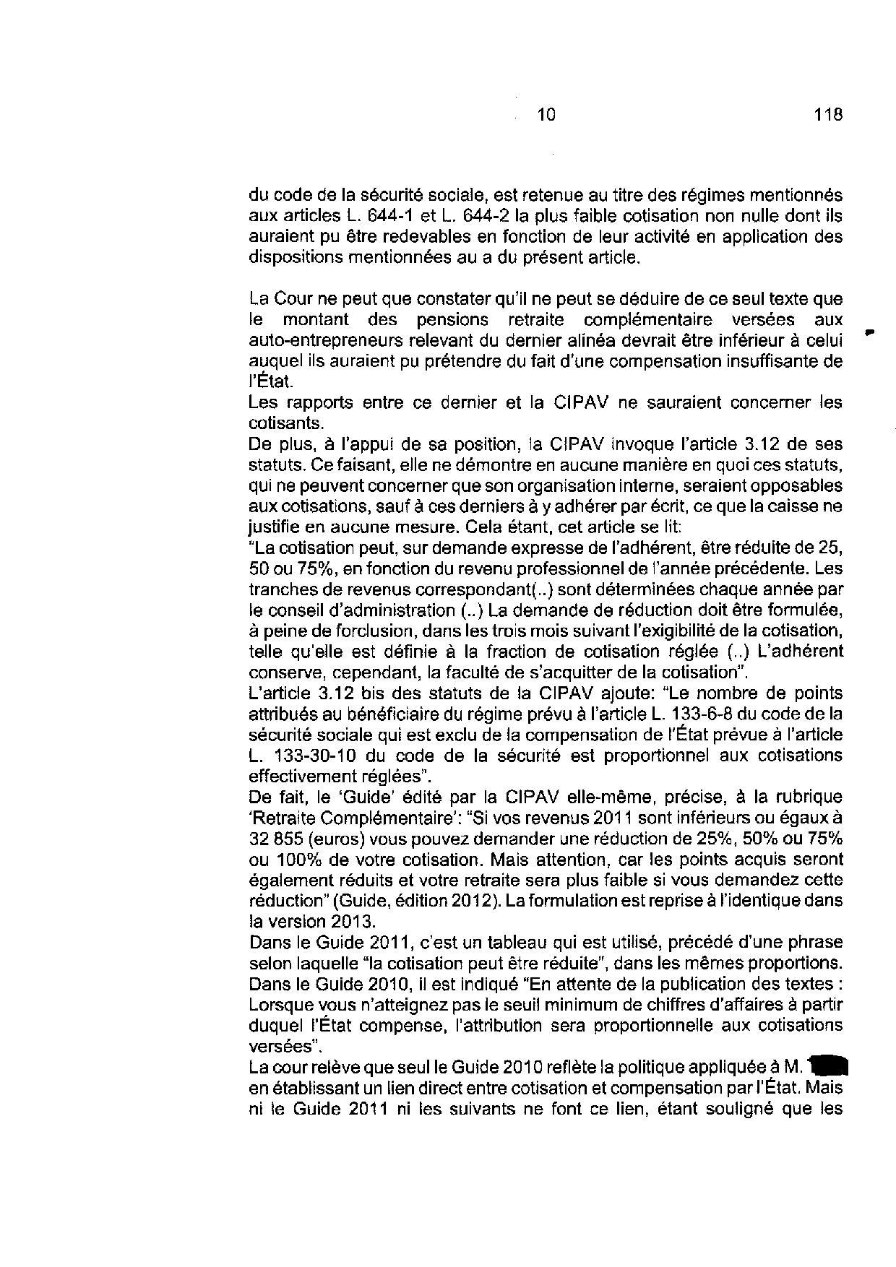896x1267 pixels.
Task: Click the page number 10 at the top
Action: coord(547,114)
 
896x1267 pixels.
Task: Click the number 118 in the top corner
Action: coord(828,114)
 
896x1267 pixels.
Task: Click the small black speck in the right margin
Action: coord(869,332)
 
